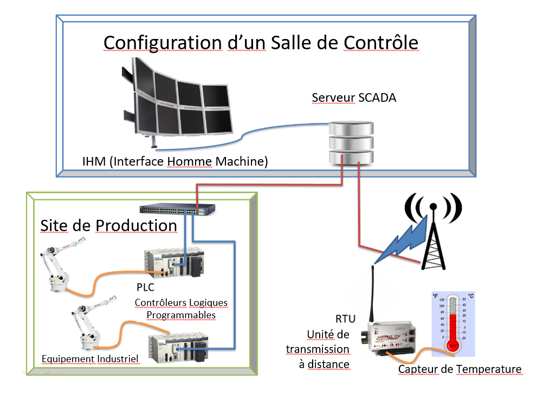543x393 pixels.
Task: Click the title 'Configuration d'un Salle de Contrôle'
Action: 261,42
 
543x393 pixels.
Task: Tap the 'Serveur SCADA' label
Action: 354,98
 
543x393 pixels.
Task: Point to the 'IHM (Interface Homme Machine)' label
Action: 174,161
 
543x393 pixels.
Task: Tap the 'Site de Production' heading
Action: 108,225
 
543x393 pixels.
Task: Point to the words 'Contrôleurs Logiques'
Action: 181,302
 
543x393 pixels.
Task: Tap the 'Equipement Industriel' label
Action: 90,358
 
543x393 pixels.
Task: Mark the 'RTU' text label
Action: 345,319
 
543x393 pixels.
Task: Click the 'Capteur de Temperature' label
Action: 460,369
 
